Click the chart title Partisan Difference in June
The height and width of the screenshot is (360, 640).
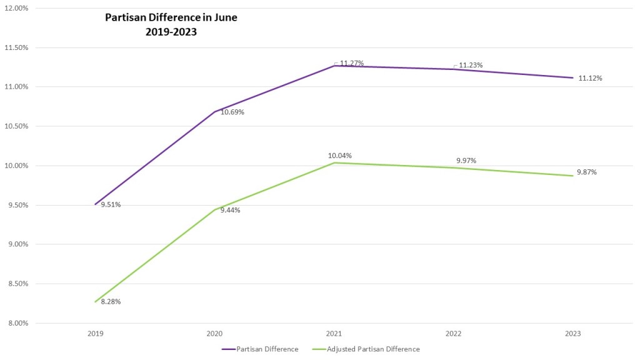171,25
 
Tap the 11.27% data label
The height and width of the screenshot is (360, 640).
352,63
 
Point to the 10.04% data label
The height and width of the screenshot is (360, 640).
340,155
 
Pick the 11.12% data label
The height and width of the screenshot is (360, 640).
590,78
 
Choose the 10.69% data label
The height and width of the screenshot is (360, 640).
232,112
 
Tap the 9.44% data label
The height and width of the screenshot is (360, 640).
230,210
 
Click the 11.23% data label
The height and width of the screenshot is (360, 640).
471,65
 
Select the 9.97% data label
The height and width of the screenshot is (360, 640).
466,161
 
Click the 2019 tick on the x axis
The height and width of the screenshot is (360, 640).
96,334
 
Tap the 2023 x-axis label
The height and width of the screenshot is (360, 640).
572,334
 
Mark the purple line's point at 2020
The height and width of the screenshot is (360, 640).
215,112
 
